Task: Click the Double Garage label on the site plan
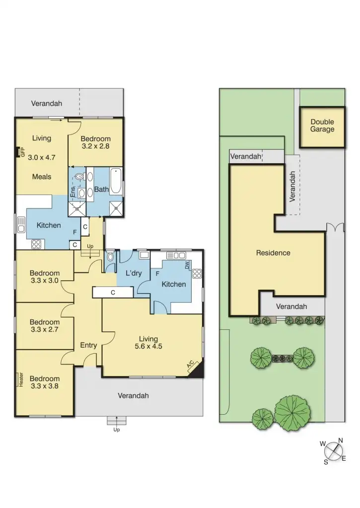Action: pyautogui.click(x=322, y=126)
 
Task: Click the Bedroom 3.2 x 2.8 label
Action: pyautogui.click(x=95, y=143)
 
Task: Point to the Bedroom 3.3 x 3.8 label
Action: pyautogui.click(x=44, y=382)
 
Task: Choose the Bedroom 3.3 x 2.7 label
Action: pyautogui.click(x=44, y=325)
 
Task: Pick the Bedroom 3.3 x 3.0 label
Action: pyautogui.click(x=44, y=276)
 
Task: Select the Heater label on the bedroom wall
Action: pyautogui.click(x=21, y=380)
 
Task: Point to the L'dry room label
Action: pyautogui.click(x=134, y=273)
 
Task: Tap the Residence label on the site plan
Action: pyautogui.click(x=273, y=253)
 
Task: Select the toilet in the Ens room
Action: pyautogui.click(x=80, y=176)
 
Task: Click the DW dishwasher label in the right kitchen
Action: pyautogui.click(x=187, y=266)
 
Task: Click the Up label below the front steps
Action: pyautogui.click(x=117, y=430)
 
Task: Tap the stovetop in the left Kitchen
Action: pyautogui.click(x=37, y=244)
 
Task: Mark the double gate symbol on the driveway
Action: pyautogui.click(x=335, y=227)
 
